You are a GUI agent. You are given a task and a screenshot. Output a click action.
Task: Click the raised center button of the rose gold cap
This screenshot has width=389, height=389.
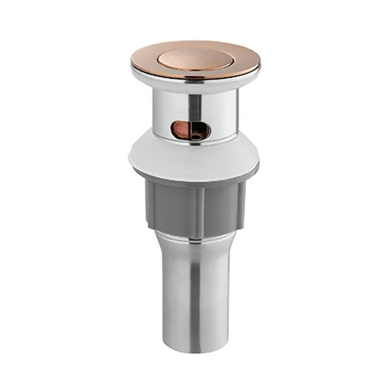coord(194,56)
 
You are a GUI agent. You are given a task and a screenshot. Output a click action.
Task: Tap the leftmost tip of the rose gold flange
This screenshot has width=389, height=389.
coord(131,62)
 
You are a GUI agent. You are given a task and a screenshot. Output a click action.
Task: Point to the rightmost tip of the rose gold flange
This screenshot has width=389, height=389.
coord(260,62)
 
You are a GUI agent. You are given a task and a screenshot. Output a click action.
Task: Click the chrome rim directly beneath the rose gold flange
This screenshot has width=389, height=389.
coord(194,82)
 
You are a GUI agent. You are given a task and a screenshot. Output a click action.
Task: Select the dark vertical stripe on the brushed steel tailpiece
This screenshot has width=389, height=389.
coord(195,305)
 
